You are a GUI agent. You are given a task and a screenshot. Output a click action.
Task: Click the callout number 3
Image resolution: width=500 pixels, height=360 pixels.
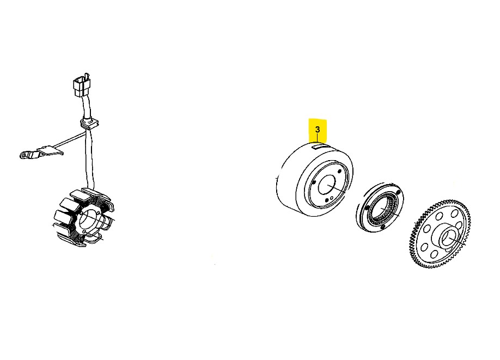318,130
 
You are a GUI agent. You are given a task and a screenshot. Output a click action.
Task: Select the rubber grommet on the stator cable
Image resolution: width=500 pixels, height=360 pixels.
89,124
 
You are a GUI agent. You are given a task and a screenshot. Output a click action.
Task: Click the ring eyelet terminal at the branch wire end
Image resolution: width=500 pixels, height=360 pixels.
24,155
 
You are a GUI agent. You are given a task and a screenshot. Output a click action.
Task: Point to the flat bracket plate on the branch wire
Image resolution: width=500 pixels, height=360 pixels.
50,150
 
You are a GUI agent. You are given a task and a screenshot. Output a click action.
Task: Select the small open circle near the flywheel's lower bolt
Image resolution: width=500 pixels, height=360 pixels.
332,198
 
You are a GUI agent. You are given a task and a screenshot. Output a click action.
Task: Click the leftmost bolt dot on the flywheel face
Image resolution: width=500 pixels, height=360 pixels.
314,182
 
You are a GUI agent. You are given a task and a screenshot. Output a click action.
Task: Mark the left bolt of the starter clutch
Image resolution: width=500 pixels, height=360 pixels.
367,208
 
